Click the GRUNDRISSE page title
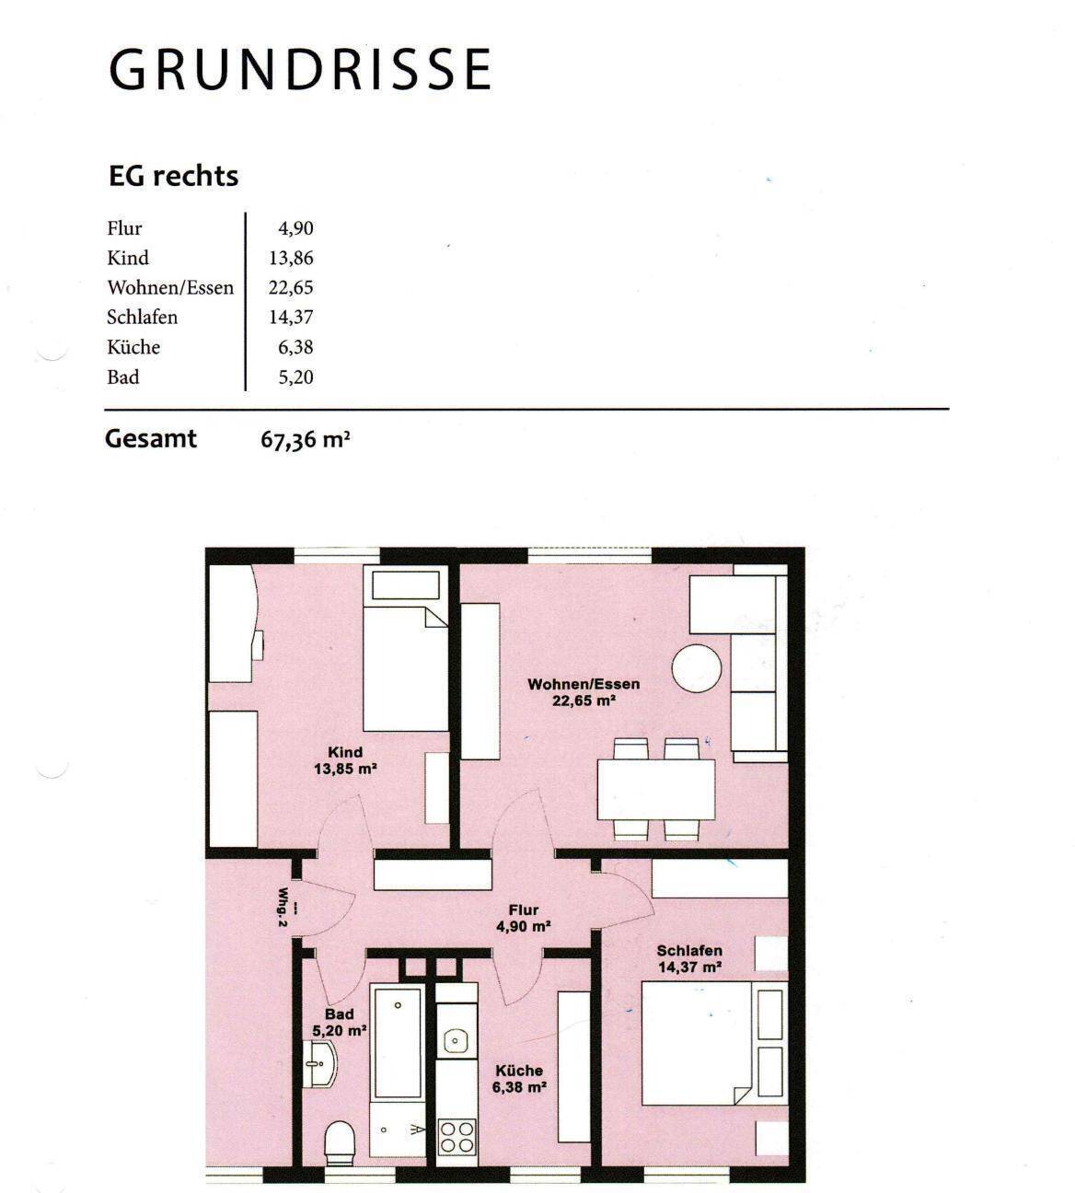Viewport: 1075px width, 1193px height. tap(300, 69)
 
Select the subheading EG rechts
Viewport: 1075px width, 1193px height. tap(173, 176)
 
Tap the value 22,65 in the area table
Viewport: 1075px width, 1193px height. tap(290, 287)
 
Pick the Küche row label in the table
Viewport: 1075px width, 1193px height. tap(133, 347)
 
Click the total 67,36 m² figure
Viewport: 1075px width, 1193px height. tap(306, 439)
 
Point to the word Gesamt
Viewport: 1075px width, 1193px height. tap(151, 439)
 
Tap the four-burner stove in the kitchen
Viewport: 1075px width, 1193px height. tap(457, 1137)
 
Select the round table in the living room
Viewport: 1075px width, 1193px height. tap(697, 668)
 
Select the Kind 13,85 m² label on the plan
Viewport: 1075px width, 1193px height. tap(346, 760)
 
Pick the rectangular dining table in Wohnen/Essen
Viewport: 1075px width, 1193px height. tap(656, 789)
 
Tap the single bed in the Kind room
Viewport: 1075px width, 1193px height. tap(405, 648)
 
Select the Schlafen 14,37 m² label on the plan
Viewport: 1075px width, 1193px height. tap(689, 959)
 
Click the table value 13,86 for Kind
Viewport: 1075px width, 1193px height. tap(291, 258)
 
